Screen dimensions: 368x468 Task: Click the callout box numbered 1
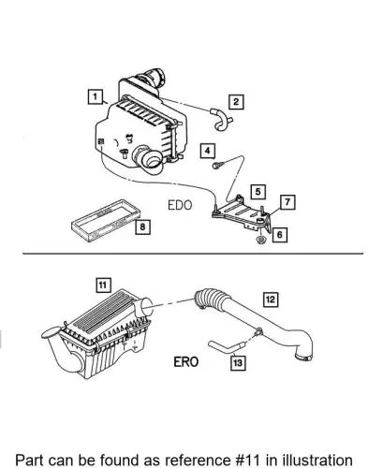(x=95, y=96)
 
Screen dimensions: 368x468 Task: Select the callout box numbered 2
(x=236, y=102)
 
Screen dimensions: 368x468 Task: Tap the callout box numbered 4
(x=208, y=151)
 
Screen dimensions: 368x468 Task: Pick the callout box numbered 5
(x=258, y=192)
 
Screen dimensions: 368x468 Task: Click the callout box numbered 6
(x=279, y=235)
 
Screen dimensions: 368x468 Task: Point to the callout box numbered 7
(x=287, y=202)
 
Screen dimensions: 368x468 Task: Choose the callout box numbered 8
(x=142, y=227)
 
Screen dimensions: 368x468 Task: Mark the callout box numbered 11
(x=103, y=285)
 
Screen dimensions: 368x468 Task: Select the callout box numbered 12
(x=271, y=300)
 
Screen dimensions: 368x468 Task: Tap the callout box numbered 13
(x=238, y=363)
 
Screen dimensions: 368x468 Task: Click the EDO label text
(x=180, y=205)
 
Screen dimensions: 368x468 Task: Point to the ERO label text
(x=186, y=362)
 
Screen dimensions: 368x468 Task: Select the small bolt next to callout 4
(x=216, y=165)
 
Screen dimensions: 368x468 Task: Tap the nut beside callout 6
(x=260, y=240)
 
